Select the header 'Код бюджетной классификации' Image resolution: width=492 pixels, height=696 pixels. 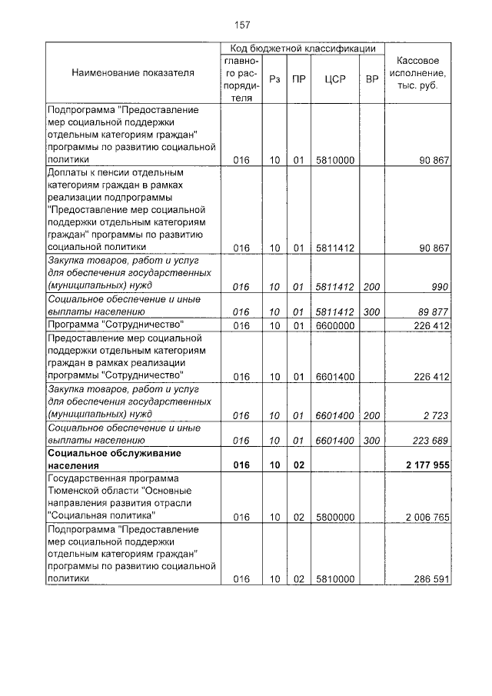pos(302,48)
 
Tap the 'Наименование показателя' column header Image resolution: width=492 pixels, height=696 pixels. pos(133,73)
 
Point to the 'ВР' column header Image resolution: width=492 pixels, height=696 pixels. pos(371,78)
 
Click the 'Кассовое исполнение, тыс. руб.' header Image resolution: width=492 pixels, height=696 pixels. pos(417,73)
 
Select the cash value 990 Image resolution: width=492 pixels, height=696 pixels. pos(438,287)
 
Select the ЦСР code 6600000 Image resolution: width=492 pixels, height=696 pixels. pos(334,325)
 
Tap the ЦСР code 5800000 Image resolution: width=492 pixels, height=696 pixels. pos(334,516)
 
